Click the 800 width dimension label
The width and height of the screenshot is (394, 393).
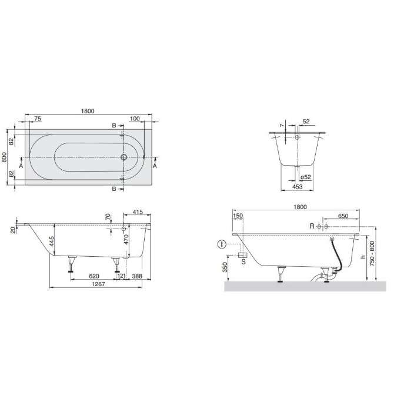click(x=4, y=157)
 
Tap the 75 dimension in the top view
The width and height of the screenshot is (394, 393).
click(x=38, y=119)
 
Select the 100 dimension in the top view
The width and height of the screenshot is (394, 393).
click(x=135, y=119)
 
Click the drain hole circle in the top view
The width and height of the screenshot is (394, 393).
click(x=123, y=157)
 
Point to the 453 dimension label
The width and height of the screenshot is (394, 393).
click(x=297, y=186)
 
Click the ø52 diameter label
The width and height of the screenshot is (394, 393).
click(x=306, y=177)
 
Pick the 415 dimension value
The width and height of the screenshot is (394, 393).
click(x=138, y=212)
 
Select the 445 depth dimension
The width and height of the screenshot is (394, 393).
click(x=51, y=241)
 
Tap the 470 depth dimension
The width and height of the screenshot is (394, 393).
click(x=126, y=239)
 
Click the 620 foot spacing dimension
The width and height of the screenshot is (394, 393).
click(x=94, y=276)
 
